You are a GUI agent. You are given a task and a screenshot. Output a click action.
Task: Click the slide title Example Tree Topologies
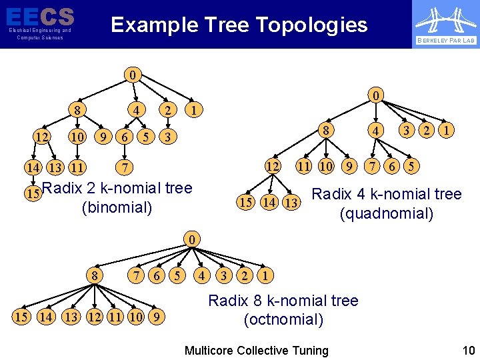coord(239,25)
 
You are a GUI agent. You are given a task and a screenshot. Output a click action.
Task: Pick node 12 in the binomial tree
coord(41,137)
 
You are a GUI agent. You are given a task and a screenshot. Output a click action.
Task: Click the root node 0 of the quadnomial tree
coord(377,96)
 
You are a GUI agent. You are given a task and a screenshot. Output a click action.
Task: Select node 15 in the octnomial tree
coord(21,315)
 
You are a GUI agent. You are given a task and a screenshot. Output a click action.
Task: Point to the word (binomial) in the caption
coord(117,207)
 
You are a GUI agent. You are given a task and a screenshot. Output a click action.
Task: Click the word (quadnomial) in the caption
coord(387,213)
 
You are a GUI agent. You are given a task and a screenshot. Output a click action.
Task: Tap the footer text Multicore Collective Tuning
coord(256,350)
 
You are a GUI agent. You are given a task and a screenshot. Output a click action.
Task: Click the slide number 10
coord(468,350)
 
